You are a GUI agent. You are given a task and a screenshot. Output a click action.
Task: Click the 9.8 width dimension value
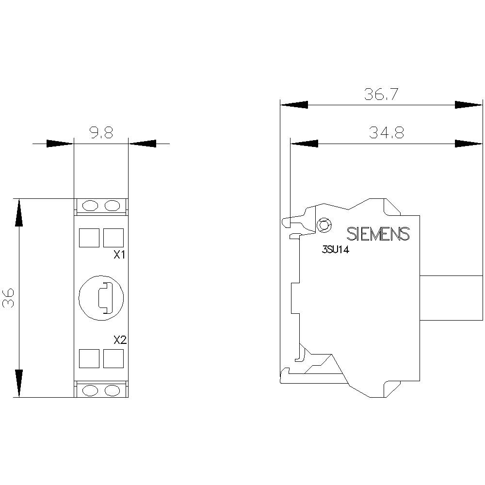pyautogui.click(x=101, y=133)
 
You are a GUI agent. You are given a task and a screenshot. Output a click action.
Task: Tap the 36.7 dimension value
pyautogui.click(x=381, y=95)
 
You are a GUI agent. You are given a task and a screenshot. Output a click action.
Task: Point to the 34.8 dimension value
pyautogui.click(x=386, y=133)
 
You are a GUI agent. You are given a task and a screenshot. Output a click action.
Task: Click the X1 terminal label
pyautogui.click(x=119, y=255)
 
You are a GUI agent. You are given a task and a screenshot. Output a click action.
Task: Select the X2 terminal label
pyautogui.click(x=119, y=340)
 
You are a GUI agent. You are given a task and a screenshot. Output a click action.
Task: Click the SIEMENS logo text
pyautogui.click(x=378, y=234)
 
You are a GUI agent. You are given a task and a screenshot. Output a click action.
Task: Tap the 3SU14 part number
pyautogui.click(x=336, y=250)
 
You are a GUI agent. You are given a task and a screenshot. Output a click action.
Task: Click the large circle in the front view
pyautogui.click(x=101, y=297)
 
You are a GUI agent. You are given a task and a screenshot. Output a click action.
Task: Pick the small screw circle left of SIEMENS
pyautogui.click(x=323, y=224)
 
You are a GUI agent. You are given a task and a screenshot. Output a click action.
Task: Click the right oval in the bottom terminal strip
pyautogui.click(x=112, y=389)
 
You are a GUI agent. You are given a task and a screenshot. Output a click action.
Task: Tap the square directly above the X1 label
pyautogui.click(x=113, y=238)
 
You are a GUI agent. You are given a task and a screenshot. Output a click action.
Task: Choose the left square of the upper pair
pyautogui.click(x=89, y=238)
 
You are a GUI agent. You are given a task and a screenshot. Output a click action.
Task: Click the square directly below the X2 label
pyautogui.click(x=113, y=358)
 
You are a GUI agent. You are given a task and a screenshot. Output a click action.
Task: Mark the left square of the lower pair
pyautogui.click(x=89, y=358)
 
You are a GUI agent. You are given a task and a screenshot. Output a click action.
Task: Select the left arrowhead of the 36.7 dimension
pyautogui.click(x=294, y=105)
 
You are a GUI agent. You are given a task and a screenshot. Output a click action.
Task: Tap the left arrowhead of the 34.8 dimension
pyautogui.click(x=304, y=143)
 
